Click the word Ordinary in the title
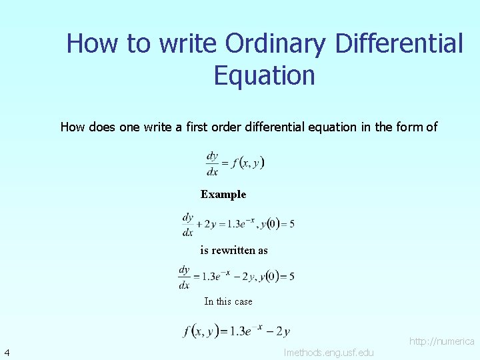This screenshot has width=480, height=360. [275, 44]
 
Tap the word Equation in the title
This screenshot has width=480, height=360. [264, 75]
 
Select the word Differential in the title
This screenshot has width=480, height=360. [399, 44]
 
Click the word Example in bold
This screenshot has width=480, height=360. [223, 195]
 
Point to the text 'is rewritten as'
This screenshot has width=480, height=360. [234, 251]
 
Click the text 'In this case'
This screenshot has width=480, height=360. [228, 301]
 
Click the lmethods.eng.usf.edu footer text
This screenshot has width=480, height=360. [329, 352]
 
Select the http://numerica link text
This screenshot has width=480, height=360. [441, 341]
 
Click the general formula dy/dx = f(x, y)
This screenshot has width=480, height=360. [235, 163]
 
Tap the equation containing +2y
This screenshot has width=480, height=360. [238, 224]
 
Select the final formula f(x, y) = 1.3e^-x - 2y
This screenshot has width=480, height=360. [236, 331]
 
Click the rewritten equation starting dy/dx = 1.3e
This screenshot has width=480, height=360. [236, 276]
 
